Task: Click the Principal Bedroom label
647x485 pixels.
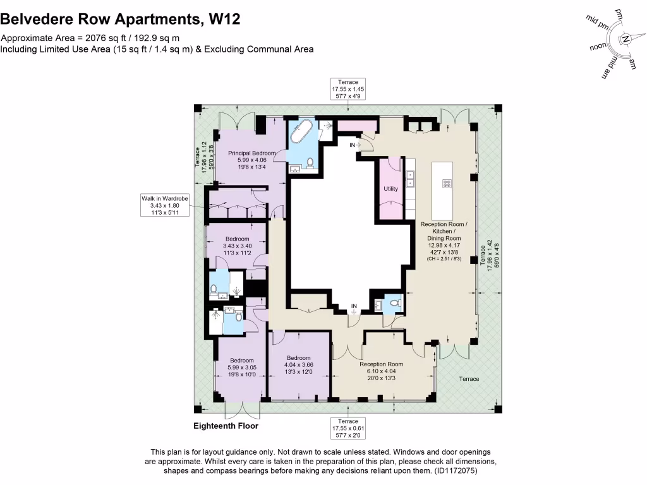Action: (251, 153)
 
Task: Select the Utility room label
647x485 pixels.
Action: (390, 189)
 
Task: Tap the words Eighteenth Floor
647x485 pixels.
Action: (226, 426)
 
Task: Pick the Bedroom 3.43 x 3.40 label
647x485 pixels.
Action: (238, 239)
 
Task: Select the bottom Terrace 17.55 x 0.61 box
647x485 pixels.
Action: (348, 428)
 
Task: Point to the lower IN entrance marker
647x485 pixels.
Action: (354, 306)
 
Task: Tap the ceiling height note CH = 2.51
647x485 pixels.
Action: (444, 258)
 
